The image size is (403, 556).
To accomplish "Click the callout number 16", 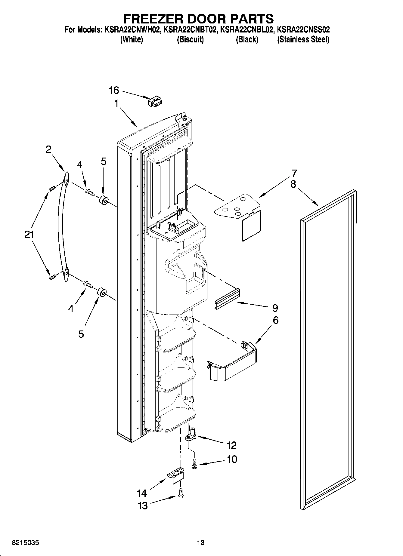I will tap(114, 90).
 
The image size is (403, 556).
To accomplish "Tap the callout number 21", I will tap(29, 235).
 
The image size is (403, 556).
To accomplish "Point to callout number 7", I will tap(294, 173).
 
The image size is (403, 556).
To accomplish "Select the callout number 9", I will tap(274, 308).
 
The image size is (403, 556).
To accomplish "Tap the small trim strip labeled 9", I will tap(228, 299).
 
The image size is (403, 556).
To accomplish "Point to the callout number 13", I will tap(142, 506).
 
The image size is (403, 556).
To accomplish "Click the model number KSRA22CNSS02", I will tap(303, 30).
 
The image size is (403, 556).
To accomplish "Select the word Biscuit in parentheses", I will tap(190, 40).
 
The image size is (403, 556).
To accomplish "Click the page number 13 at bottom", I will tap(201, 543).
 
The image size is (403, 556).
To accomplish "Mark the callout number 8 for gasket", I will tap(293, 184).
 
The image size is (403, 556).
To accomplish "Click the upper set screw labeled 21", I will tap(51, 189).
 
